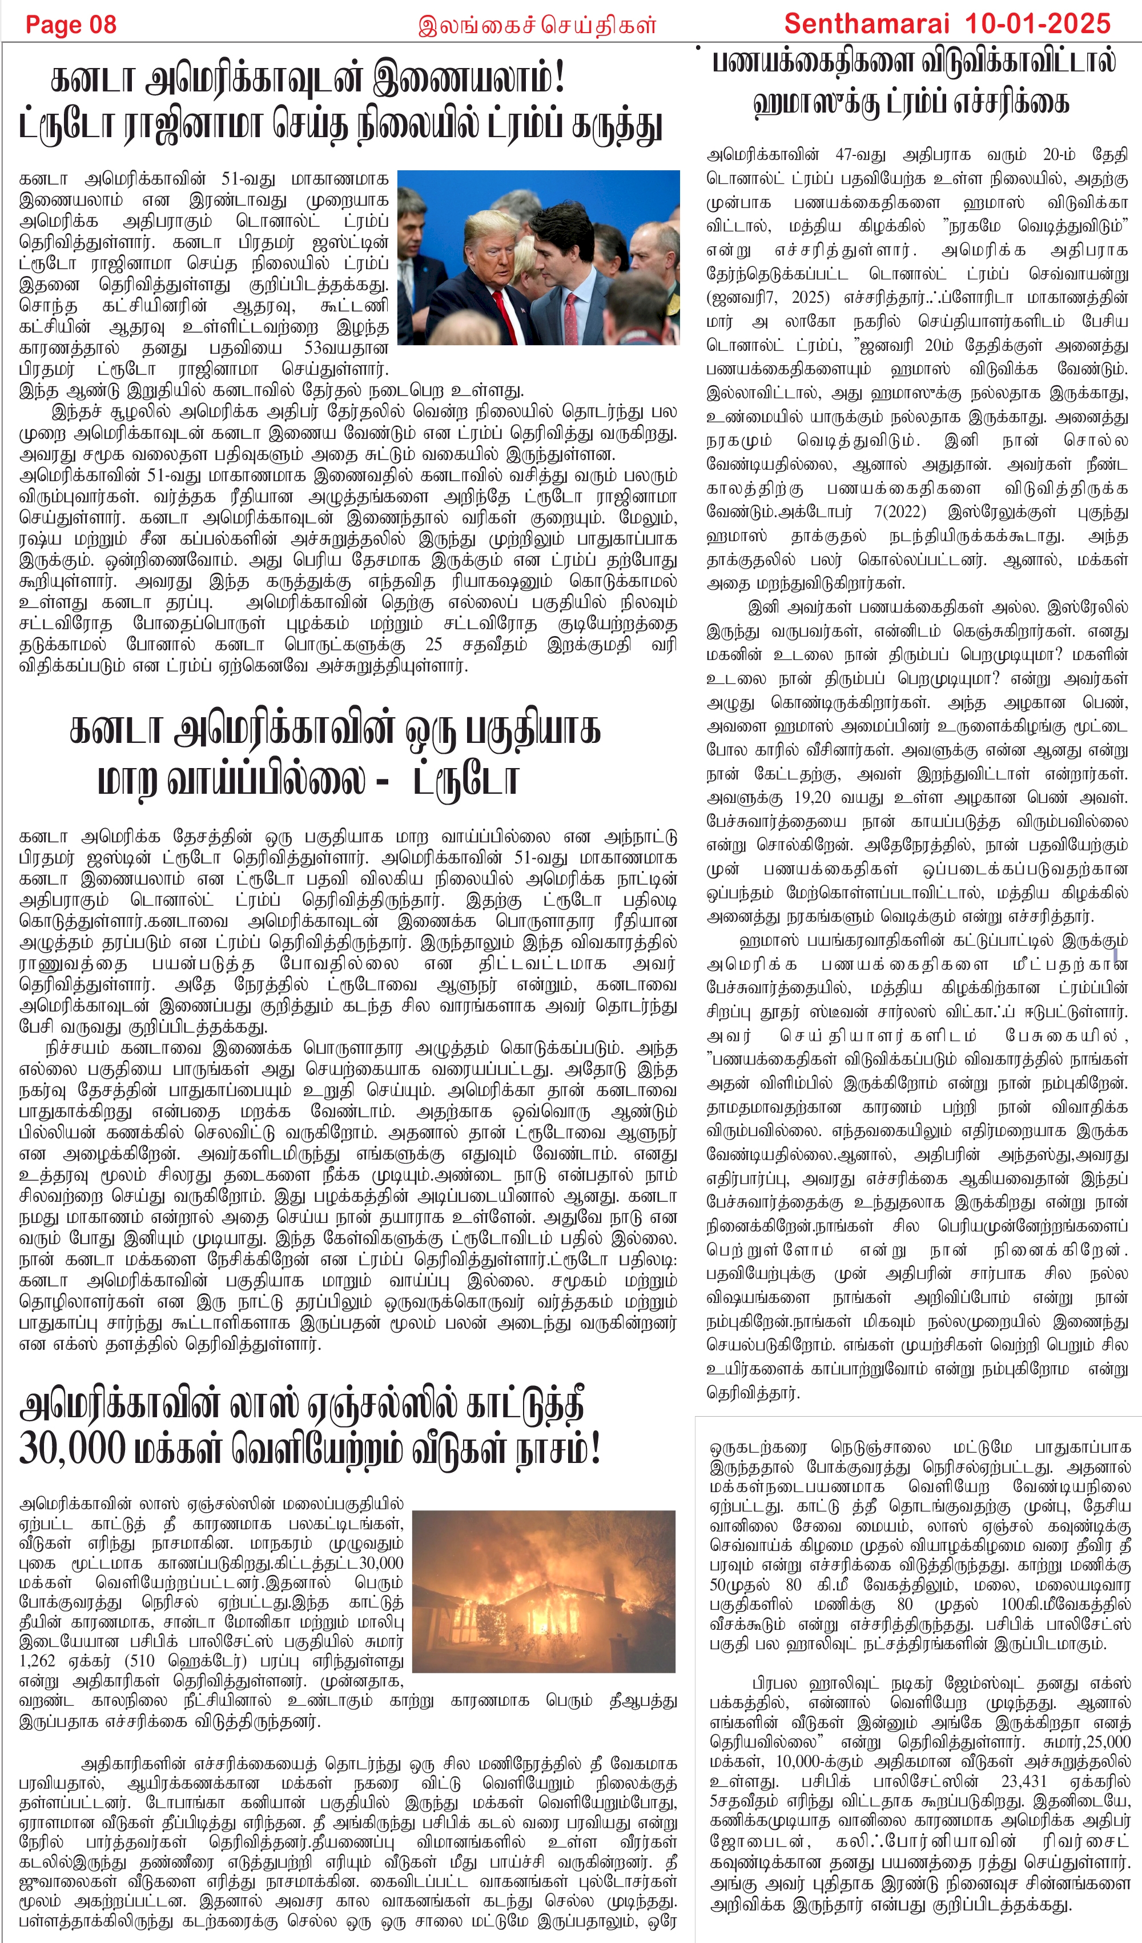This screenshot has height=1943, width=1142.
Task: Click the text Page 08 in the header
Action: coord(71,25)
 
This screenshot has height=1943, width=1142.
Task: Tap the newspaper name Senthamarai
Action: coord(866,24)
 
